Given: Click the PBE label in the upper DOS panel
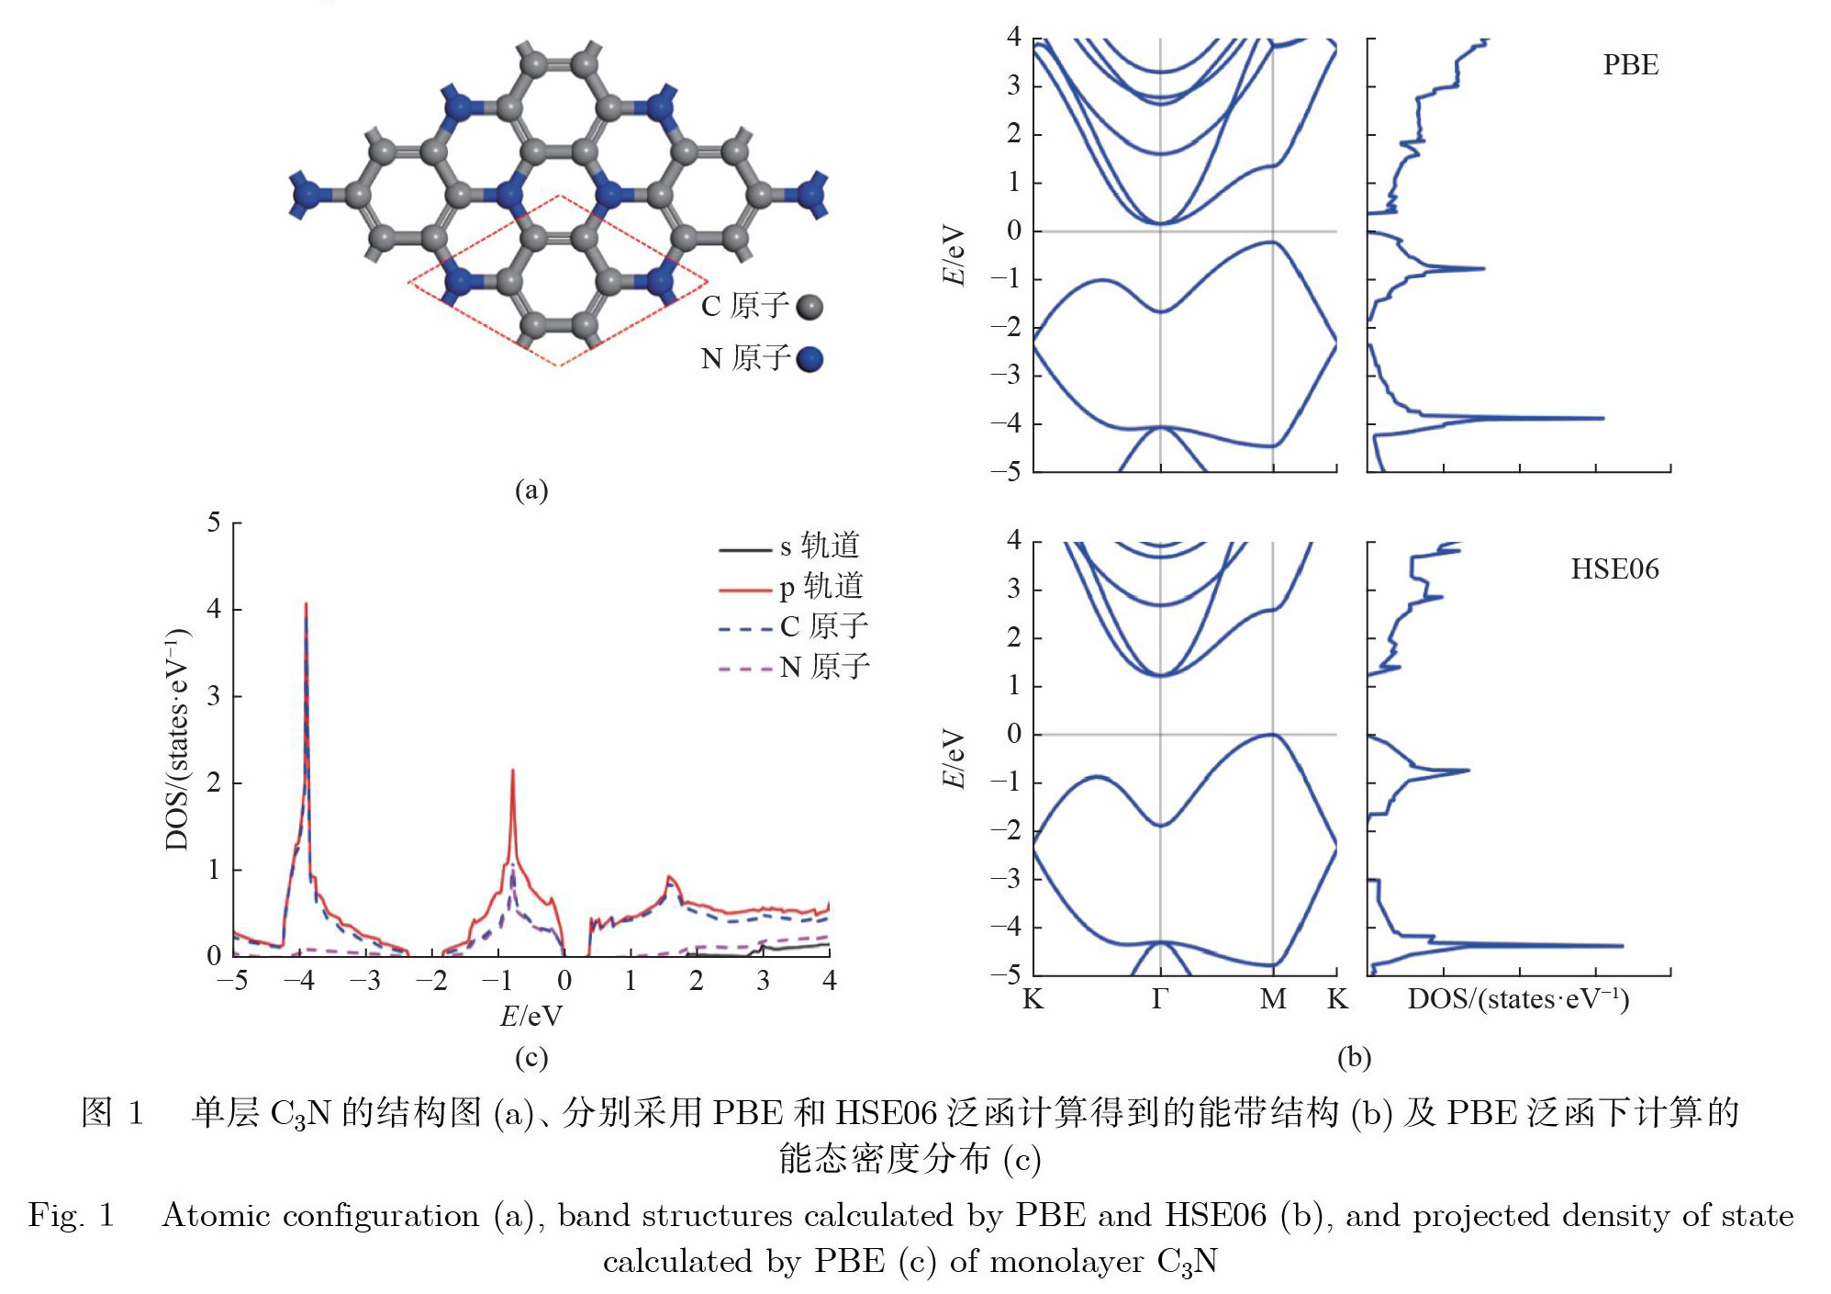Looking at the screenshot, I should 1630,65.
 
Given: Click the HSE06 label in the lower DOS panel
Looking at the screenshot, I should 1614,569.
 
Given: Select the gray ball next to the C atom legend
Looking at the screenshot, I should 809,307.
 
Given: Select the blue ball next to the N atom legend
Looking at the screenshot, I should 809,359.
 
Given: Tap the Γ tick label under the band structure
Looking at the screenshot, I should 1160,999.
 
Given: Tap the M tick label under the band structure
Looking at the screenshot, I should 1272,999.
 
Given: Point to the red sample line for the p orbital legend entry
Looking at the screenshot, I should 744,590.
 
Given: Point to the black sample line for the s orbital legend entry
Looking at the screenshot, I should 744,549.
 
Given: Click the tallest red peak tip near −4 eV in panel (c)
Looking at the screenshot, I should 306,604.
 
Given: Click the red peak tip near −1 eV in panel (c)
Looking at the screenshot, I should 512,771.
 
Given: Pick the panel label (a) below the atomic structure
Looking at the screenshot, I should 531,489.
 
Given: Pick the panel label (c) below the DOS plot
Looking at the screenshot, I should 531,1057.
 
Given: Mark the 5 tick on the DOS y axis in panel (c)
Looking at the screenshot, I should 214,523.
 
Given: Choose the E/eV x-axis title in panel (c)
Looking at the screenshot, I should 530,1016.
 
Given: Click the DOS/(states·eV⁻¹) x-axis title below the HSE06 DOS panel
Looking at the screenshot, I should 1518,999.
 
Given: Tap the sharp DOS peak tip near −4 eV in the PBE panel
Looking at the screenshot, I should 1602,418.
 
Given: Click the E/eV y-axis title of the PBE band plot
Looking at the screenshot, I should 955,254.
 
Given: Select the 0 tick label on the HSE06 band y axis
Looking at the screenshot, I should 1013,734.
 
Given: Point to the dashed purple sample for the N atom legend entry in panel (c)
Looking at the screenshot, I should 744,669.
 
